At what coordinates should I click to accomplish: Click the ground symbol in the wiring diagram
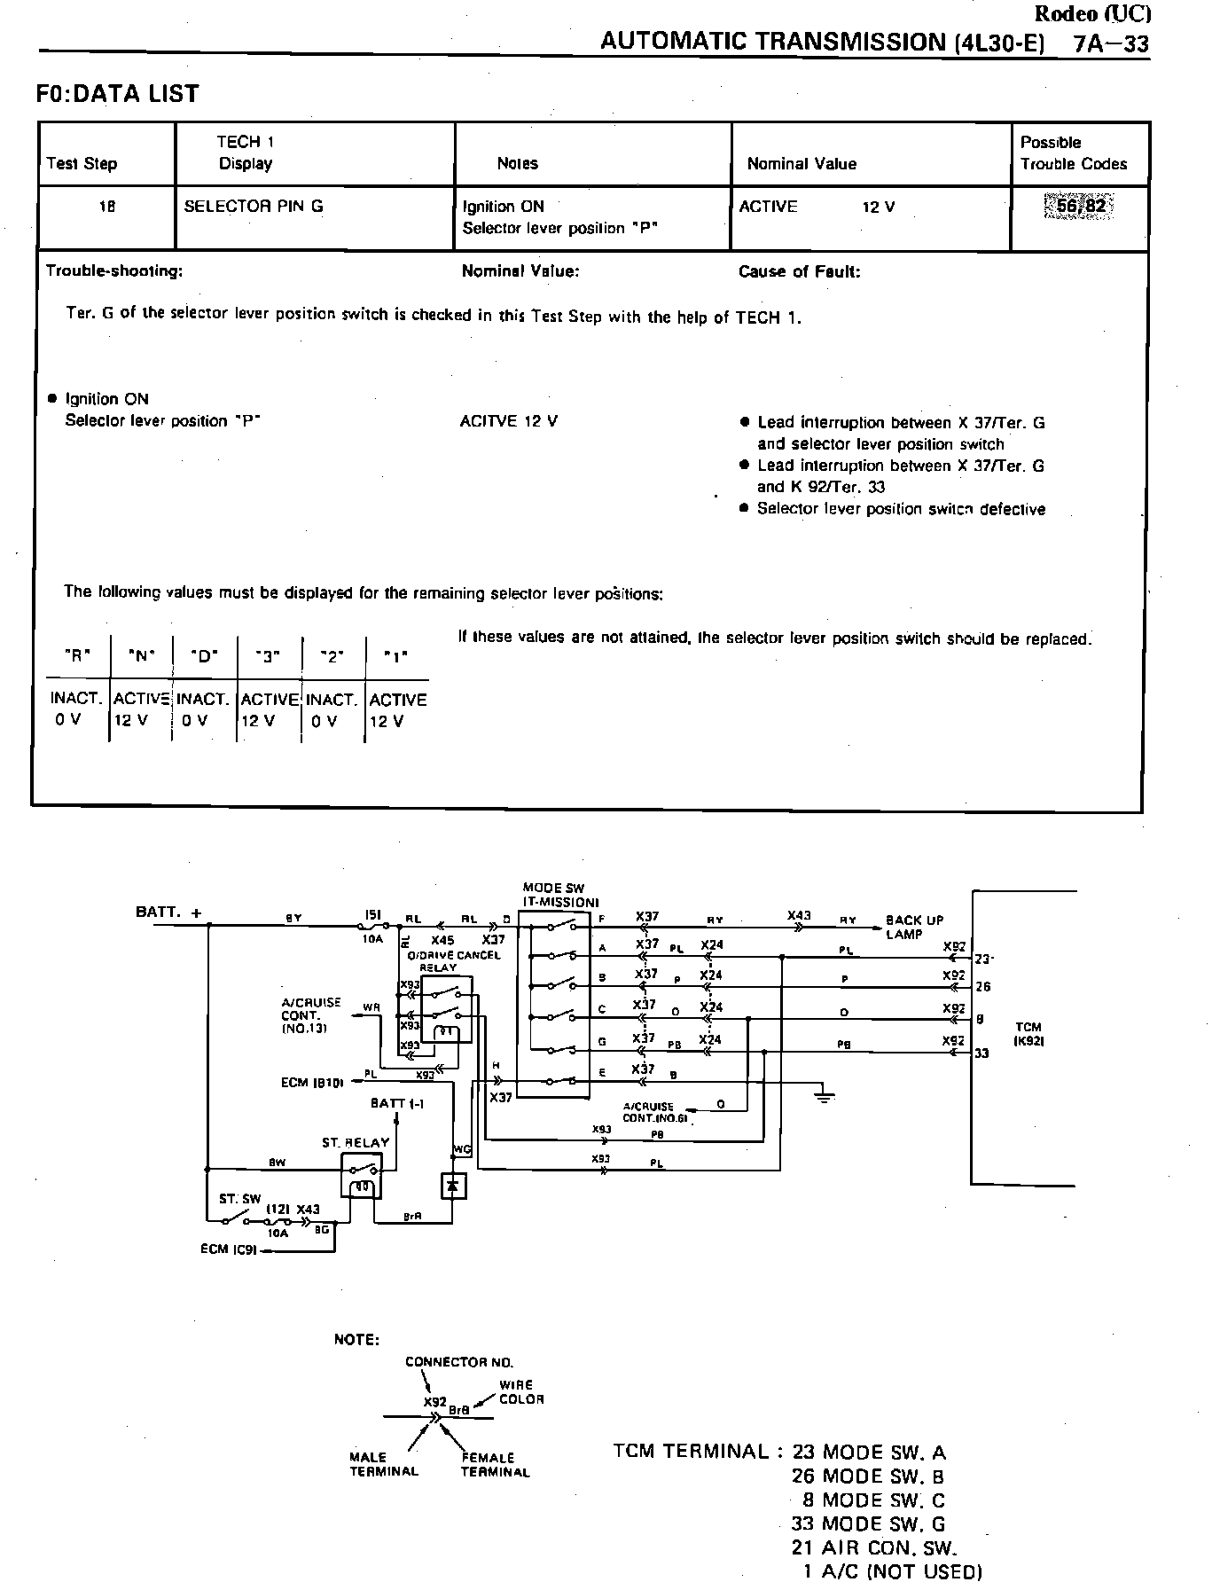[x=825, y=1096]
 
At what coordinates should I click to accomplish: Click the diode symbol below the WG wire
[x=454, y=1186]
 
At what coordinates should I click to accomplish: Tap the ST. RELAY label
[x=356, y=1142]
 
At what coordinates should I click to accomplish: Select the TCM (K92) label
[x=1028, y=1034]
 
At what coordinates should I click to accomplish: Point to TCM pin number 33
[x=981, y=1053]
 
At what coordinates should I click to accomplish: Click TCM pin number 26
[x=982, y=986]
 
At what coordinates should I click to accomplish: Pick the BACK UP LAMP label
[x=914, y=927]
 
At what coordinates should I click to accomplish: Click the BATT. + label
[x=168, y=912]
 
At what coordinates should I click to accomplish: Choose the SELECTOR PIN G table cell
[x=254, y=207]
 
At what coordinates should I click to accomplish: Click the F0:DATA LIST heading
[x=118, y=94]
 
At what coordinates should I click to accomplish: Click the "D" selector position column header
[x=204, y=657]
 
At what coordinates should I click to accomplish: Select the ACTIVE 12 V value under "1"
[x=397, y=710]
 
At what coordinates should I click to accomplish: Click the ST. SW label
[x=239, y=1199]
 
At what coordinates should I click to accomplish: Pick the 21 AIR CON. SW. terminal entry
[x=874, y=1548]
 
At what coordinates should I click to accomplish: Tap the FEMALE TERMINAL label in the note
[x=495, y=1464]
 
